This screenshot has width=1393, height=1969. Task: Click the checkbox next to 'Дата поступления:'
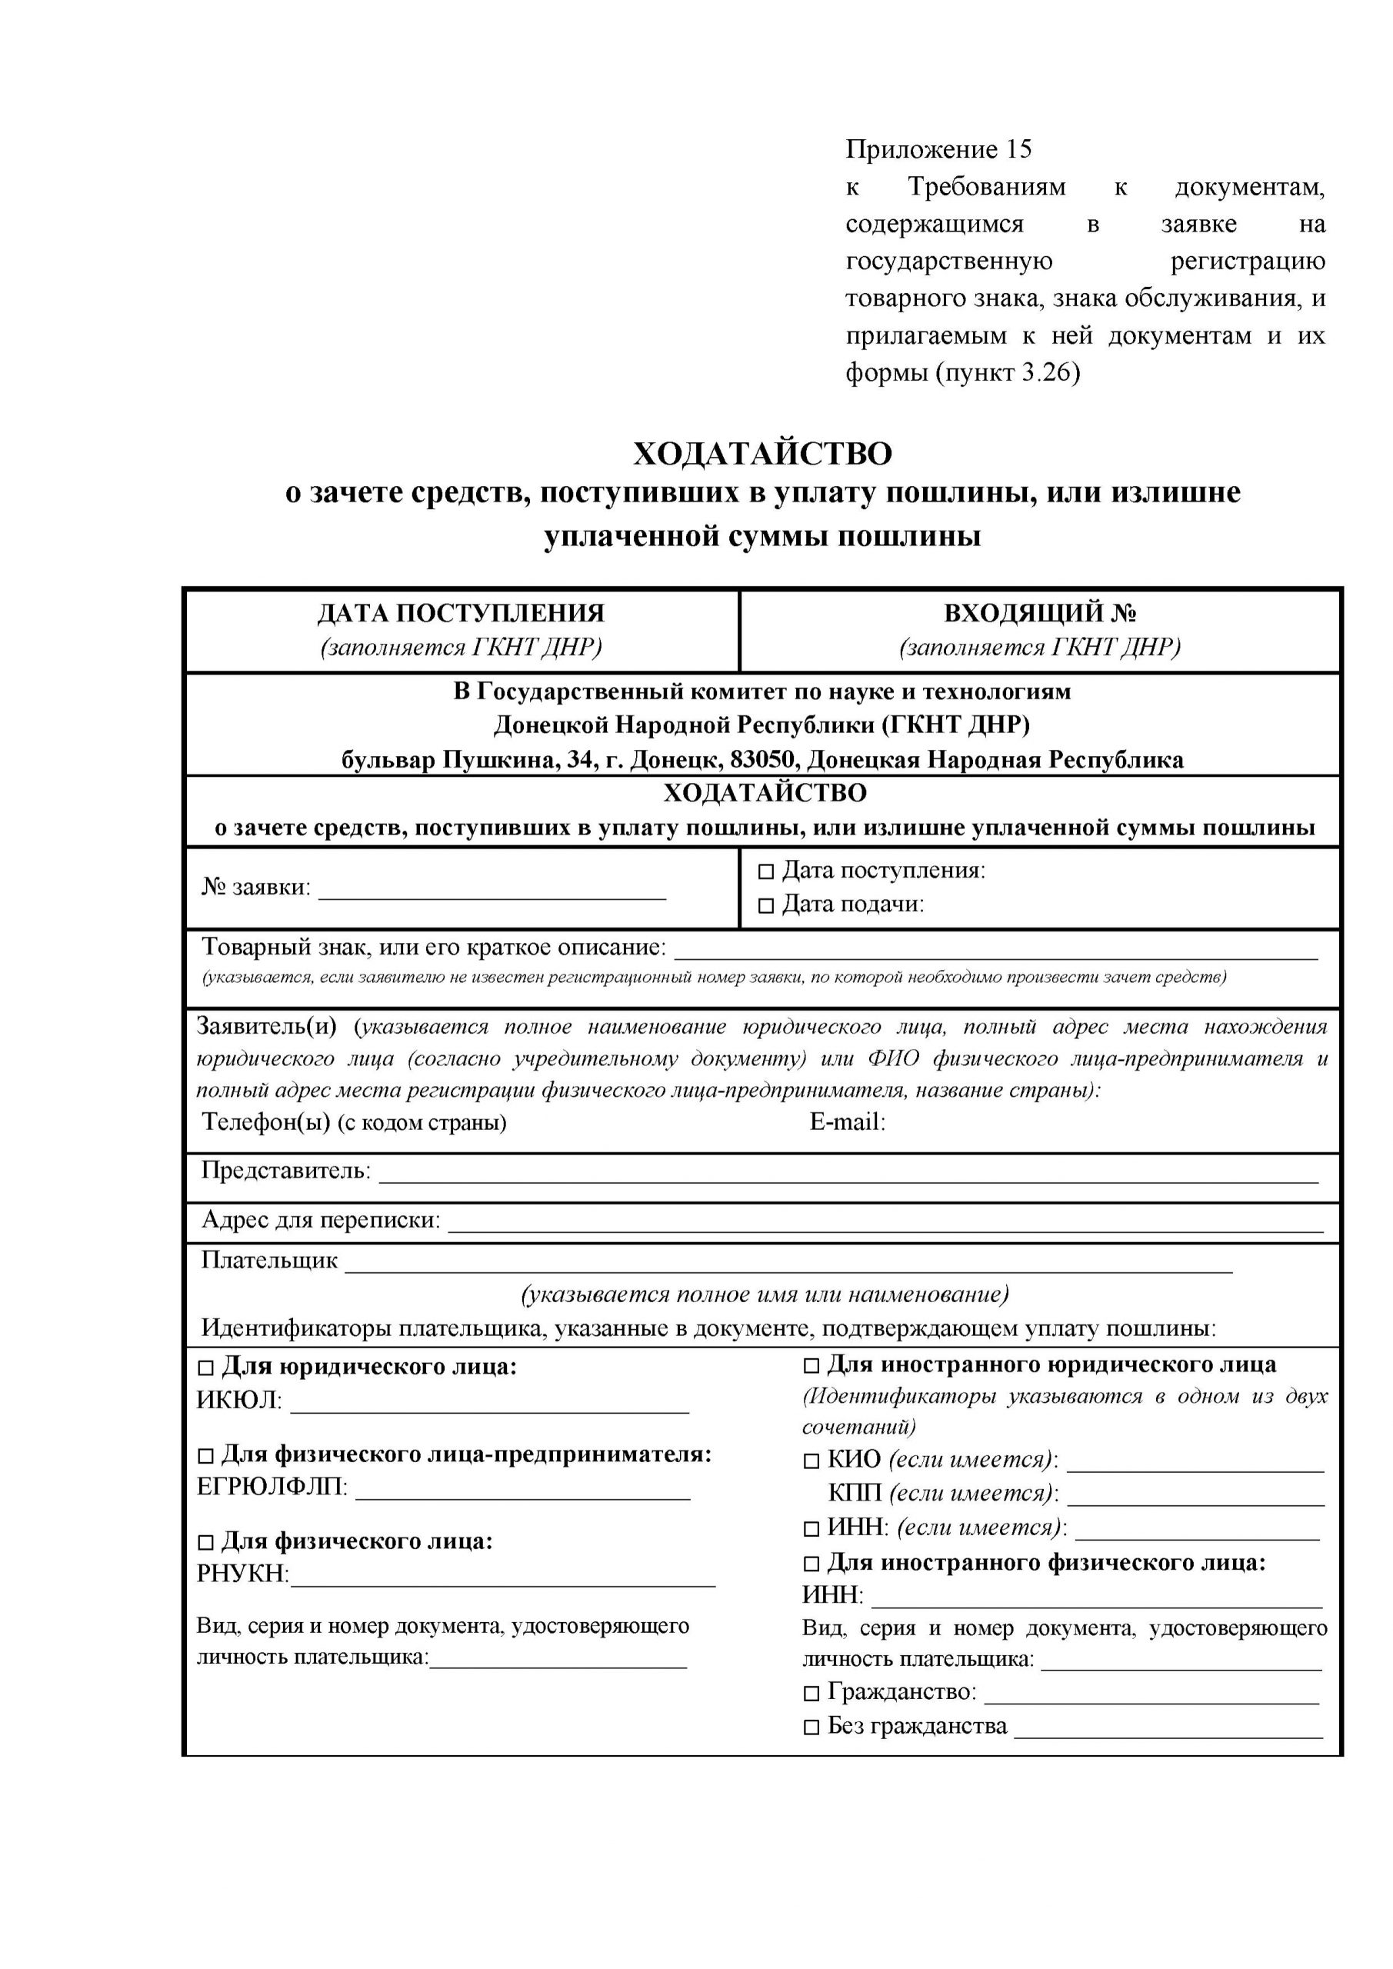[765, 872]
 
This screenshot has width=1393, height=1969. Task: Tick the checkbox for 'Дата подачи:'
[765, 905]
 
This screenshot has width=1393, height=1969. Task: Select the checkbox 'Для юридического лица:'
[206, 1367]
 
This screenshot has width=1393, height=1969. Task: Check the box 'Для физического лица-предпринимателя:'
[206, 1455]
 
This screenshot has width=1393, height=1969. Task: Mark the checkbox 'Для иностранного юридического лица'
[811, 1365]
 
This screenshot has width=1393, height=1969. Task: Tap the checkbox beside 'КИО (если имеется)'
[811, 1461]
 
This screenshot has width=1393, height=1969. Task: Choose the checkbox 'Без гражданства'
[811, 1727]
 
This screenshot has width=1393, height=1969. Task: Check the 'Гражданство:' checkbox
[811, 1694]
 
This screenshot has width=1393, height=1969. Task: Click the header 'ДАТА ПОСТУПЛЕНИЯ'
[461, 613]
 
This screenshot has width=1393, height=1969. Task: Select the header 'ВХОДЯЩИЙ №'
[1040, 613]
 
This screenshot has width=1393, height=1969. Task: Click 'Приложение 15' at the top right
[938, 150]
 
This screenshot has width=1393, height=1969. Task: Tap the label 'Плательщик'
[269, 1260]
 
